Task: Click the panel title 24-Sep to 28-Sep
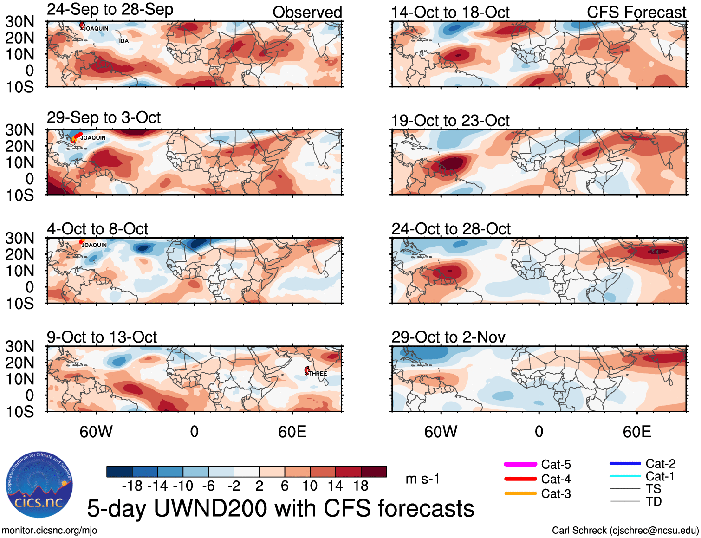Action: pos(110,10)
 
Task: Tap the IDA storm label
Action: pos(123,41)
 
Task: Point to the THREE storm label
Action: pos(318,374)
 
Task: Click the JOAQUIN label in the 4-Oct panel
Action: pos(94,245)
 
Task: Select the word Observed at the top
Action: pos(307,13)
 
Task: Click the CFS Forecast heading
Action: pos(636,13)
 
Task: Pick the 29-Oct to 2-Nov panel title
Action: pos(448,337)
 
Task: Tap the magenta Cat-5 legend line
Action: pos(520,464)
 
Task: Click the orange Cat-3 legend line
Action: pos(520,493)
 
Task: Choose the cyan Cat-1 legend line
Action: pos(625,476)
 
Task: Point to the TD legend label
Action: pos(654,501)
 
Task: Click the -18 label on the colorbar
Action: pos(132,486)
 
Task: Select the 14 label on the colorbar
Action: pos(335,486)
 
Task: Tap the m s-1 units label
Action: pos(422,479)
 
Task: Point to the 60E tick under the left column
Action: pos(292,432)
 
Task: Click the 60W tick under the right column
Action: pos(441,432)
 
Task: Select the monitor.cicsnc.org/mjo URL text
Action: pos(50,531)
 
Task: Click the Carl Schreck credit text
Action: pos(625,531)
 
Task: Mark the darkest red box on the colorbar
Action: pos(374,472)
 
